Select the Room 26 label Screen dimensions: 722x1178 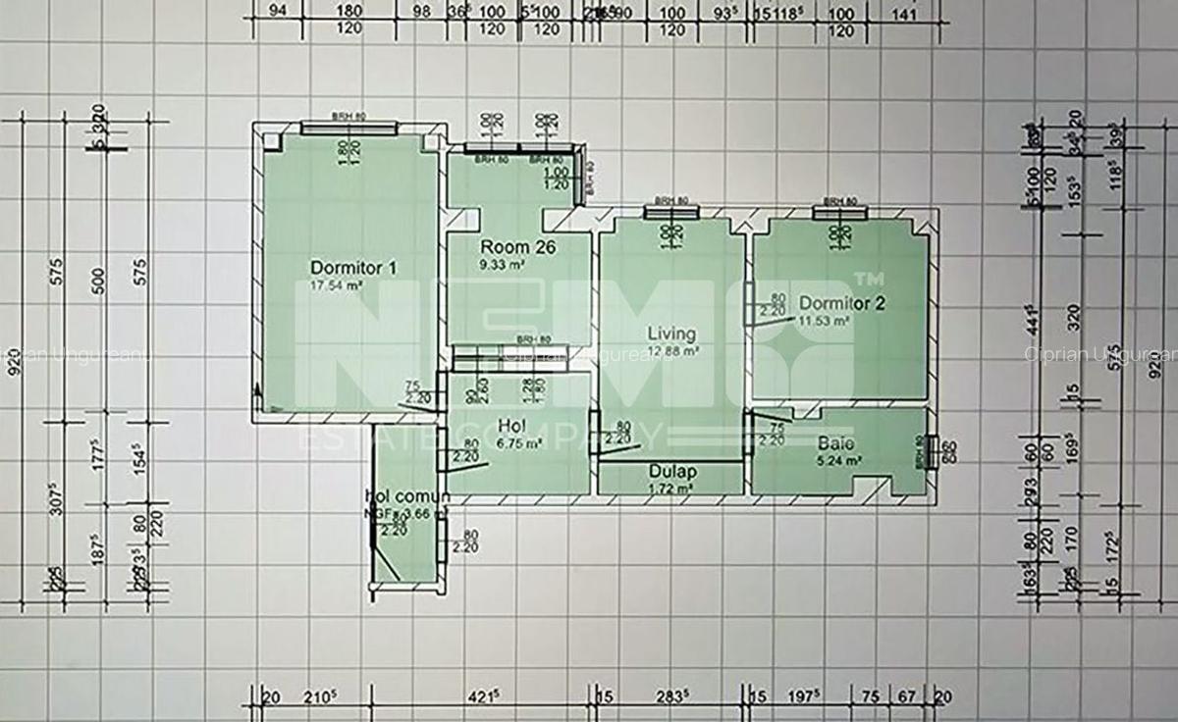click(x=517, y=247)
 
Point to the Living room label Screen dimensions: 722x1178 click(x=671, y=334)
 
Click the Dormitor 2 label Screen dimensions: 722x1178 click(x=841, y=303)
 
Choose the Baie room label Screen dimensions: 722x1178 click(x=831, y=443)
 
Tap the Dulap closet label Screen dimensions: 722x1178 click(x=671, y=471)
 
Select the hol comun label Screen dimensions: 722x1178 click(x=406, y=496)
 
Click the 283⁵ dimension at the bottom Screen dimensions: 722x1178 click(x=674, y=696)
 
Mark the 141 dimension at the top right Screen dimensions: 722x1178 click(x=902, y=12)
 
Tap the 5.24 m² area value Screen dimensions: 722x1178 click(x=840, y=459)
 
